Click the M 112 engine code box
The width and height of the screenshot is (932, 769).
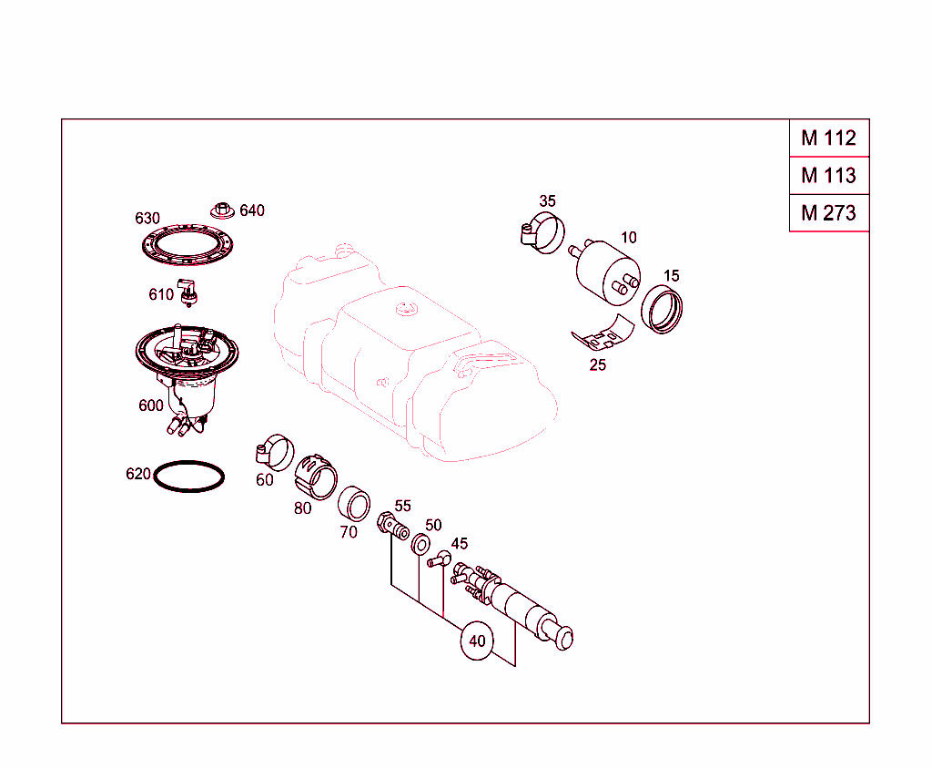coord(828,138)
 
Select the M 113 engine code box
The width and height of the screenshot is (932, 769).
coord(828,175)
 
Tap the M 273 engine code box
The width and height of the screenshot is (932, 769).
coord(828,213)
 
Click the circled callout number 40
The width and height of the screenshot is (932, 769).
coord(477,641)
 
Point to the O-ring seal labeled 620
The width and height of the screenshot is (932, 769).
coord(188,477)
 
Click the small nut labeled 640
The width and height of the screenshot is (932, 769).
coord(220,210)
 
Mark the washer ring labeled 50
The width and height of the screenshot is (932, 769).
coord(420,544)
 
